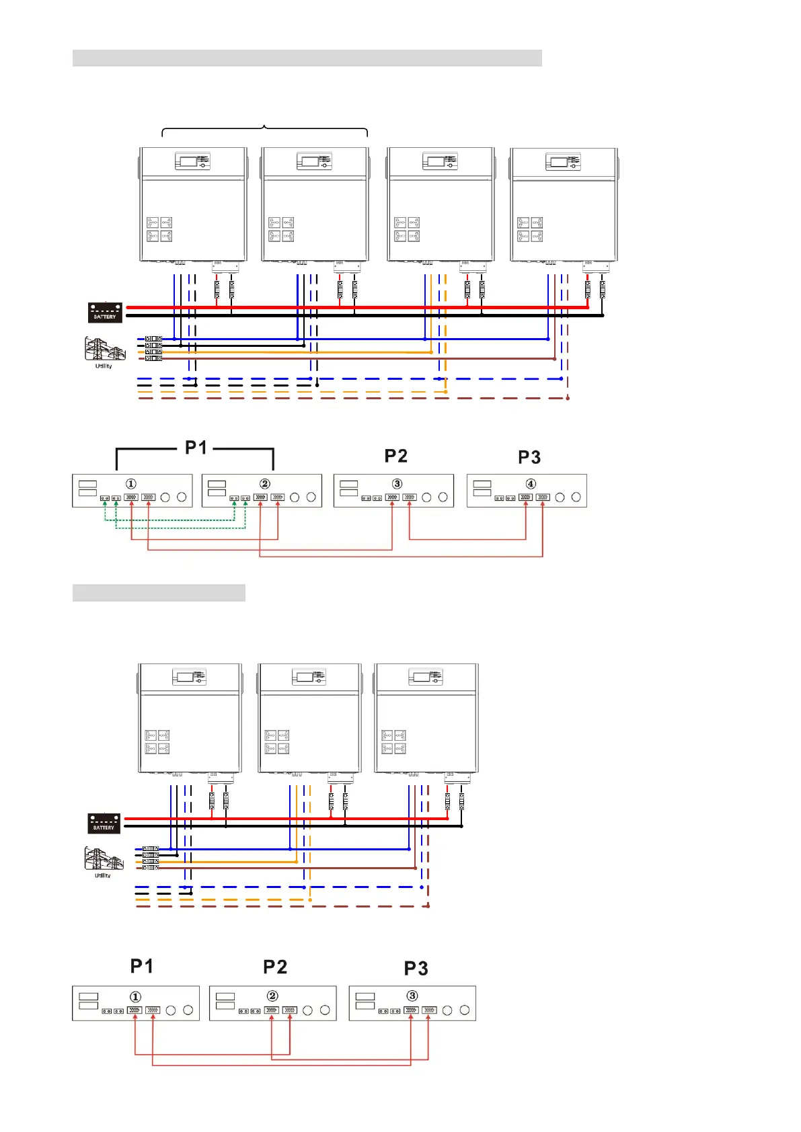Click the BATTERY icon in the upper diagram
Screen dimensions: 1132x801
pyautogui.click(x=105, y=313)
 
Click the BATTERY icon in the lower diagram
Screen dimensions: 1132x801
pyautogui.click(x=104, y=823)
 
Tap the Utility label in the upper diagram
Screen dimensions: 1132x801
pyautogui.click(x=104, y=366)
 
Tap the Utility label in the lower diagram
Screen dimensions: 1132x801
pyautogui.click(x=102, y=875)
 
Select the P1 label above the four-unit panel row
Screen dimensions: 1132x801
pyautogui.click(x=196, y=448)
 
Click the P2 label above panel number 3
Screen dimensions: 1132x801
pyautogui.click(x=395, y=456)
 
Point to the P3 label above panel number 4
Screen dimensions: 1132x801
pyautogui.click(x=529, y=458)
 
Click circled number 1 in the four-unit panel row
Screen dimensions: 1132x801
pyautogui.click(x=131, y=484)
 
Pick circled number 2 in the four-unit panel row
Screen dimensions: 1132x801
pyautogui.click(x=265, y=484)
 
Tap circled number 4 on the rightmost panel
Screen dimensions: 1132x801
pyautogui.click(x=531, y=484)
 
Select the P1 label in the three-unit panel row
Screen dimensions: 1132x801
pyautogui.click(x=142, y=967)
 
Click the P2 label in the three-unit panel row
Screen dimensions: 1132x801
pyautogui.click(x=275, y=967)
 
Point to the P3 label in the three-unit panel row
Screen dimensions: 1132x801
pyautogui.click(x=416, y=969)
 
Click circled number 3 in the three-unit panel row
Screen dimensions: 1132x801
pyautogui.click(x=412, y=996)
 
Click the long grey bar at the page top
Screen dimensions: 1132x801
pyautogui.click(x=307, y=58)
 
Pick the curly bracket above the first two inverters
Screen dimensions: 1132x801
pyautogui.click(x=265, y=128)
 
